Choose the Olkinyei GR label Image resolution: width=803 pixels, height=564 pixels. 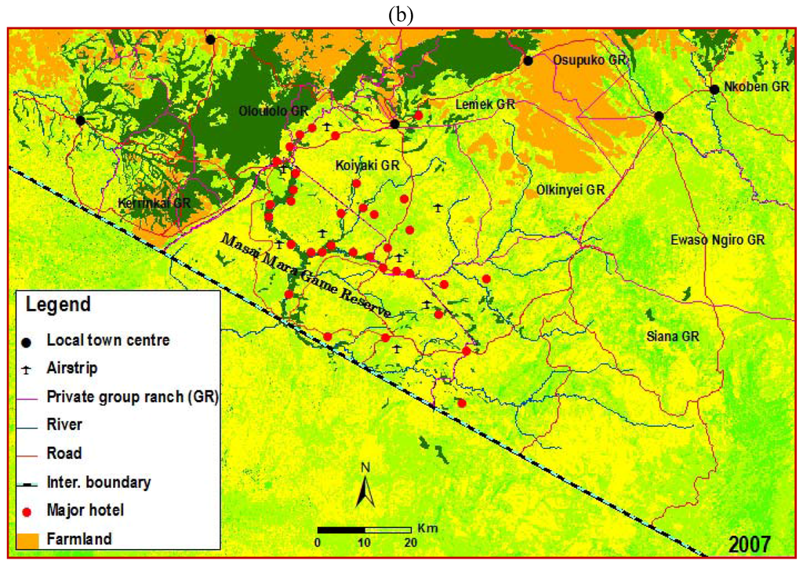pyautogui.click(x=571, y=190)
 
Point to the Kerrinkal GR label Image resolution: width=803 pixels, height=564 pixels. pyautogui.click(x=154, y=202)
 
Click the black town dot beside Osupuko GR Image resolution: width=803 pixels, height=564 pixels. pyautogui.click(x=529, y=60)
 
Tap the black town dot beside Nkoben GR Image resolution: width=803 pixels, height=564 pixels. pyautogui.click(x=714, y=89)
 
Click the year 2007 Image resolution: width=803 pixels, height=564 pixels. pyautogui.click(x=749, y=543)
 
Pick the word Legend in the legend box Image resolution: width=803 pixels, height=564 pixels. pyautogui.click(x=59, y=304)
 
